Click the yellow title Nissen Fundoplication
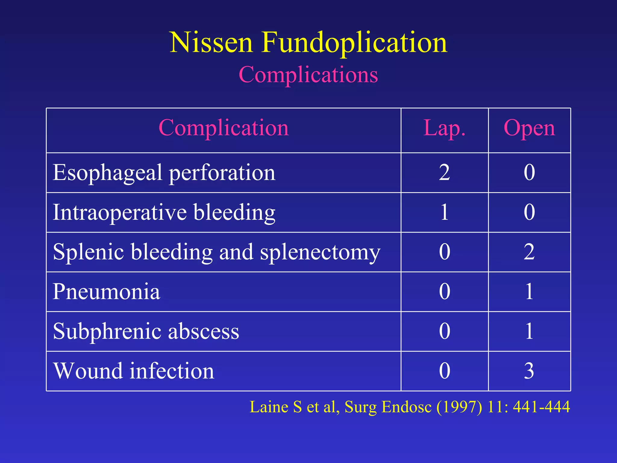click(x=308, y=43)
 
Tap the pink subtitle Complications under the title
click(x=308, y=74)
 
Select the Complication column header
click(x=224, y=128)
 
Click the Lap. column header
click(x=444, y=128)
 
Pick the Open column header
click(x=529, y=128)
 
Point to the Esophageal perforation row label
click(x=164, y=173)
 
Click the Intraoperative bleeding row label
click(x=164, y=212)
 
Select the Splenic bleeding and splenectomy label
click(x=216, y=252)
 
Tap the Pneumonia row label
click(x=106, y=291)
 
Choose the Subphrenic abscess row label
click(x=146, y=331)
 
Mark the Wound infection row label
click(x=133, y=371)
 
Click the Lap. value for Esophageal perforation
click(x=444, y=172)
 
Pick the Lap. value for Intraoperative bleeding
click(x=444, y=212)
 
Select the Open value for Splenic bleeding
click(x=529, y=252)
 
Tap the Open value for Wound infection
click(x=529, y=371)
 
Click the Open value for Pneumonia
click(x=529, y=291)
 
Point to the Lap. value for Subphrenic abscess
click(x=444, y=331)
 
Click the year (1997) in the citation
click(x=459, y=407)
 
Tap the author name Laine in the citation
click(x=269, y=407)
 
